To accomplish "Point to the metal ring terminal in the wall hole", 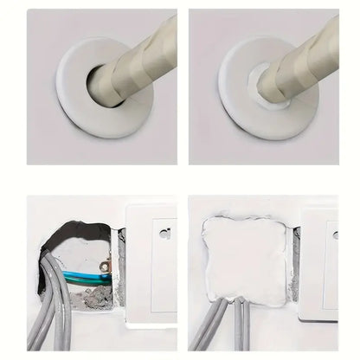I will tap(104, 267).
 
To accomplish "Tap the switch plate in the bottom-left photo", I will tap(151, 268).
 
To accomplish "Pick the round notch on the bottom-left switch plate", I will tap(164, 234).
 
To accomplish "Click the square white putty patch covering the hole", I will tap(246, 260).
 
